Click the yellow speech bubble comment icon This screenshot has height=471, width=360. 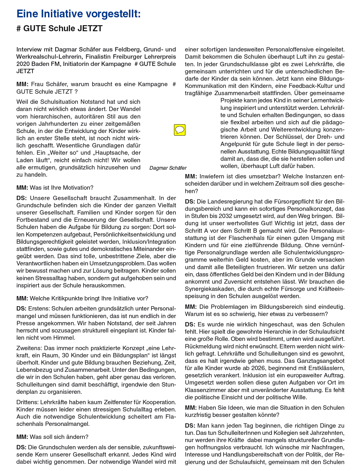click(180, 130)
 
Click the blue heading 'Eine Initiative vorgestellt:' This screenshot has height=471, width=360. click(79, 14)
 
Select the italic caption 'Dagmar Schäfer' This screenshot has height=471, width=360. click(168, 168)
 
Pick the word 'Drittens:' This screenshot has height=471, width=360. click(27, 402)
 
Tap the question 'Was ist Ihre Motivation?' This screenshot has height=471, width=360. click(61, 188)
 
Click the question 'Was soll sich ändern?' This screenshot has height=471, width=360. click(59, 437)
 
